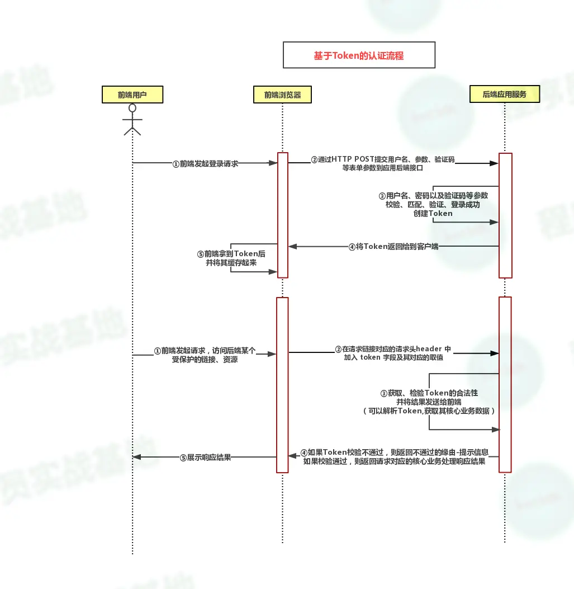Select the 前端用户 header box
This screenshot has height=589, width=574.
click(x=132, y=95)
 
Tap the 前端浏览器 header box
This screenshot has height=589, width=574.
click(x=282, y=95)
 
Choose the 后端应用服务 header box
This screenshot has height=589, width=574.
click(x=504, y=94)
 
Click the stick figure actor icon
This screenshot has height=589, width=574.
click(x=132, y=119)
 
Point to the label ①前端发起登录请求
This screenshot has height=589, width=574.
click(x=205, y=164)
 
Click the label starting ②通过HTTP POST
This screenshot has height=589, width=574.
click(x=383, y=159)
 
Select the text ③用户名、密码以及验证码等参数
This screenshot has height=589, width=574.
click(x=433, y=196)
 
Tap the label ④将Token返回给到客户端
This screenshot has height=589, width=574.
click(x=393, y=246)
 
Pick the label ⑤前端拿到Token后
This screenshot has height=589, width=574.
click(x=231, y=254)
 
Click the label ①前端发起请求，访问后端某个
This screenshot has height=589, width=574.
click(x=205, y=351)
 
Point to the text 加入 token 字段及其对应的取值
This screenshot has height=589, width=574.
click(x=393, y=357)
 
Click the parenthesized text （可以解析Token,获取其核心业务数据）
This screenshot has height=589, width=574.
click(x=429, y=411)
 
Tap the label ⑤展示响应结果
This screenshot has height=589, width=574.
click(x=205, y=458)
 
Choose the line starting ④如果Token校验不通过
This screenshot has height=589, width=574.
click(x=395, y=452)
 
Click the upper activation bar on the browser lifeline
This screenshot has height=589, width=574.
click(x=282, y=215)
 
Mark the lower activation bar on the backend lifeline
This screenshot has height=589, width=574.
click(x=505, y=384)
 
